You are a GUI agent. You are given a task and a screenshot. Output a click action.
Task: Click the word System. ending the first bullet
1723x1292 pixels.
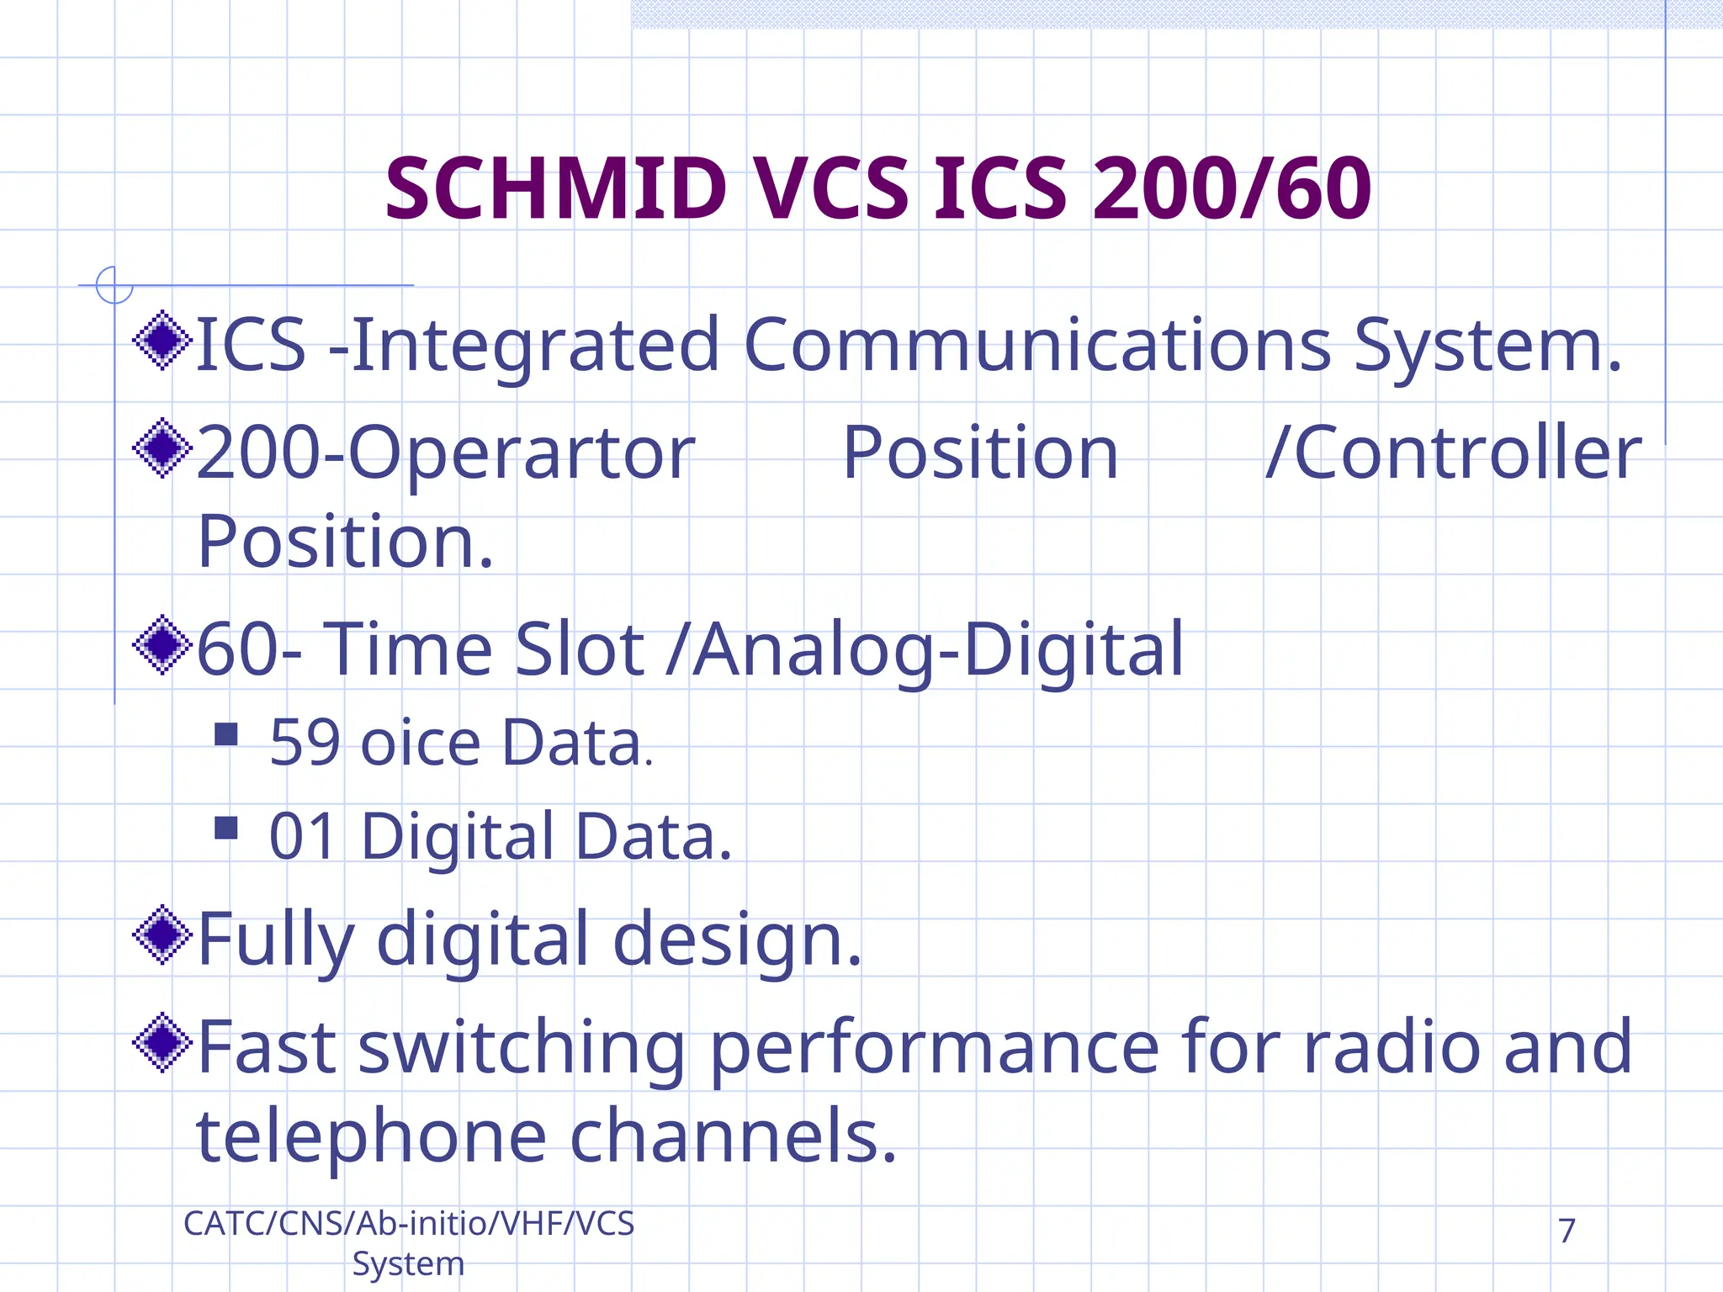click(x=1487, y=347)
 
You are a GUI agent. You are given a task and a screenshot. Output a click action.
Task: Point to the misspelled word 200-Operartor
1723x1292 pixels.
click(x=446, y=454)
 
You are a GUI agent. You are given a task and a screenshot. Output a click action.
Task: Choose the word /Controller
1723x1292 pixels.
click(x=1454, y=454)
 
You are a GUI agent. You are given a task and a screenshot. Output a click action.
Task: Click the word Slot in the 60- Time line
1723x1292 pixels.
click(x=579, y=649)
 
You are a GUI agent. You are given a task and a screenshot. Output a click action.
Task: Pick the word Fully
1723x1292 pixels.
click(x=276, y=940)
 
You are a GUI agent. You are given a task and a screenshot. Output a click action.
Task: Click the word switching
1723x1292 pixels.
click(x=522, y=1048)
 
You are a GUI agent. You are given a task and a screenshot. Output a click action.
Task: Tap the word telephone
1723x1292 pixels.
click(x=372, y=1136)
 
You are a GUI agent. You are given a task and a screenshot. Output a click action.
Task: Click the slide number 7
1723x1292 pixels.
click(x=1567, y=1231)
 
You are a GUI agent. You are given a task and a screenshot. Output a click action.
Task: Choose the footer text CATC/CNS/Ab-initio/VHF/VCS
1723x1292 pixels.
click(x=409, y=1224)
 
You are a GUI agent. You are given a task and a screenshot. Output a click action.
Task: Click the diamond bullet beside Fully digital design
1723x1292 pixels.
click(x=162, y=935)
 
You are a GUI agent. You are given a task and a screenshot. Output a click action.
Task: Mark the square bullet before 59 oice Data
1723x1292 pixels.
click(x=226, y=734)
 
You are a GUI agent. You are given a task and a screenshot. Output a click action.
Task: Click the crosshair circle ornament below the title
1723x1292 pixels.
click(x=114, y=284)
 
